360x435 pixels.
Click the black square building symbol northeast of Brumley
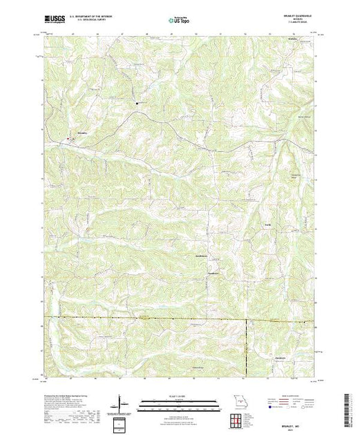click(x=137, y=104)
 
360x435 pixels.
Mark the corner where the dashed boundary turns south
click(x=247, y=320)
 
